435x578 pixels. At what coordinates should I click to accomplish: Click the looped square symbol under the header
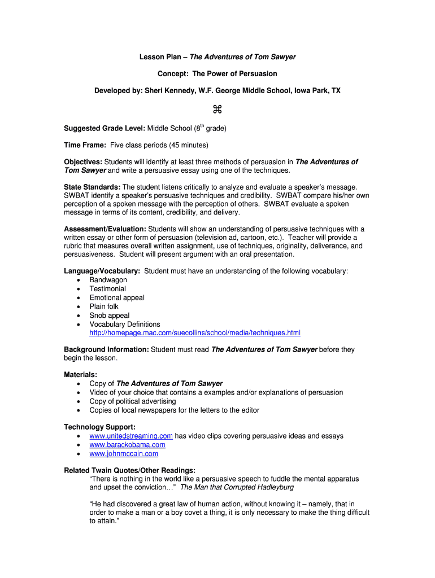click(217, 109)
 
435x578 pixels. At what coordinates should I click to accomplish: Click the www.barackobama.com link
click(127, 445)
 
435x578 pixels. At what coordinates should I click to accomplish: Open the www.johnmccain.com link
click(124, 454)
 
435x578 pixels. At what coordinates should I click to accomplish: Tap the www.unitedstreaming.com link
click(130, 436)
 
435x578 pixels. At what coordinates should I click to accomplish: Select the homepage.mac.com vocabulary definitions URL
click(195, 333)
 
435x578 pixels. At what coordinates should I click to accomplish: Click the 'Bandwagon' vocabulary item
click(108, 280)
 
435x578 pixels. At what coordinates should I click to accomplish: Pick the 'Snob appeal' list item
click(109, 316)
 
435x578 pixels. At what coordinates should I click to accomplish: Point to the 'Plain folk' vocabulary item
click(104, 306)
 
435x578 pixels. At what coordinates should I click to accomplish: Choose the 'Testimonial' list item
click(107, 289)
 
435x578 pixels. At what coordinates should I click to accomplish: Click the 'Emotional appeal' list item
click(117, 297)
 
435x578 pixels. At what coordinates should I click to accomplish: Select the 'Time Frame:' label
click(85, 146)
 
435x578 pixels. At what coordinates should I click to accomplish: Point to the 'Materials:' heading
click(80, 374)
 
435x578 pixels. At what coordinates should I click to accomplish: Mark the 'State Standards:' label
click(92, 187)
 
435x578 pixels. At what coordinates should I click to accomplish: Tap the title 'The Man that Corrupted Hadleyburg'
click(237, 487)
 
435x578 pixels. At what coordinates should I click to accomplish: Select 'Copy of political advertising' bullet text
click(132, 401)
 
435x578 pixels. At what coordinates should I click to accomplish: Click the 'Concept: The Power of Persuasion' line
click(217, 74)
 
